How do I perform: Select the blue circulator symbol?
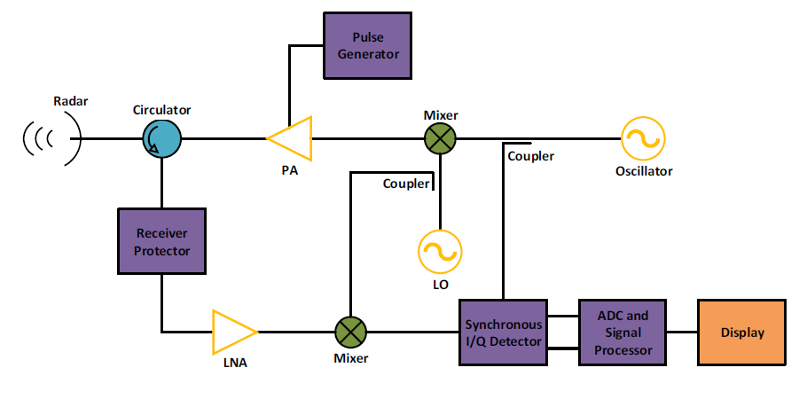point(162,138)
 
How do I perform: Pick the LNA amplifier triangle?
point(232,332)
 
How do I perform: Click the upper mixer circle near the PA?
point(441,138)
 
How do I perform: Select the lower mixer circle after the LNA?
point(350,332)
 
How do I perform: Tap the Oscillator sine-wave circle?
point(642,138)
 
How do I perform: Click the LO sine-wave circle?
point(440,251)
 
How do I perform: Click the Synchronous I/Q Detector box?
point(504,332)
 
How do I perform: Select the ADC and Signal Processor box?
point(623,332)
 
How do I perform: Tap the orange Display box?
point(741,332)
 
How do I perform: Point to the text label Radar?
point(71,101)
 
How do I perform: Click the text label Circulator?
point(161,110)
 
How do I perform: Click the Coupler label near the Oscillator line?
point(530,156)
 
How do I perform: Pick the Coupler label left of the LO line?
point(406,184)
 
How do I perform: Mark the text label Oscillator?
point(644,171)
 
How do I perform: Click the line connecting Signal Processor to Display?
point(682,332)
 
